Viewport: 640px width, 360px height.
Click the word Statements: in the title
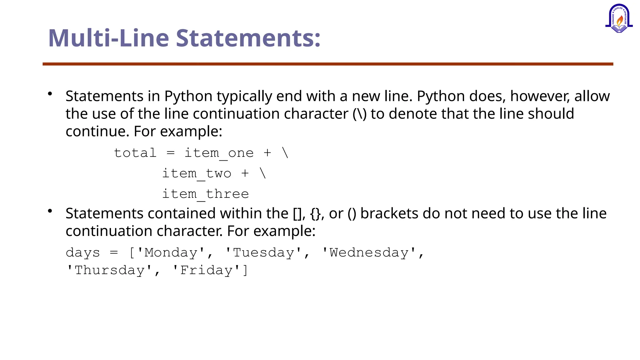coord(248,38)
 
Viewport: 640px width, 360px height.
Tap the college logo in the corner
coord(619,19)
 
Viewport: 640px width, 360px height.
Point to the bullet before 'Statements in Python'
coord(50,94)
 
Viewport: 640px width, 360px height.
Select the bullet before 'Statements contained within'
coord(50,211)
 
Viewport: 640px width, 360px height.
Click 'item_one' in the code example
coord(219,153)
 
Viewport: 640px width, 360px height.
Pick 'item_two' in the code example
coord(197,173)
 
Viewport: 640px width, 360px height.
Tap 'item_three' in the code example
coord(205,194)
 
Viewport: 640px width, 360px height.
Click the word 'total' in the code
coord(135,153)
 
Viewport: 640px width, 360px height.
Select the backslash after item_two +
coord(263,173)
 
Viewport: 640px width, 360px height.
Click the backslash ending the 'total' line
coord(285,153)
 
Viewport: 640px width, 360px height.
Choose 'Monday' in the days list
coord(171,252)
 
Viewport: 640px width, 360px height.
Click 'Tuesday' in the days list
coord(264,252)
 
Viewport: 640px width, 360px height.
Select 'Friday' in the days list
coord(207,270)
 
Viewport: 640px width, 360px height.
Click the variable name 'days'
coord(83,253)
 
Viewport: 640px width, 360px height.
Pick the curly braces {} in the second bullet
coord(316,214)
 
